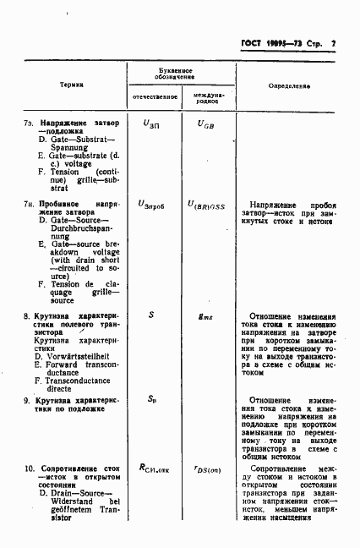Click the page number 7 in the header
click(x=334, y=42)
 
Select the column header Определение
click(x=289, y=86)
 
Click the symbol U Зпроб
click(x=152, y=205)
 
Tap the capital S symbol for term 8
click(x=150, y=314)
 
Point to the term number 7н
click(x=30, y=204)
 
